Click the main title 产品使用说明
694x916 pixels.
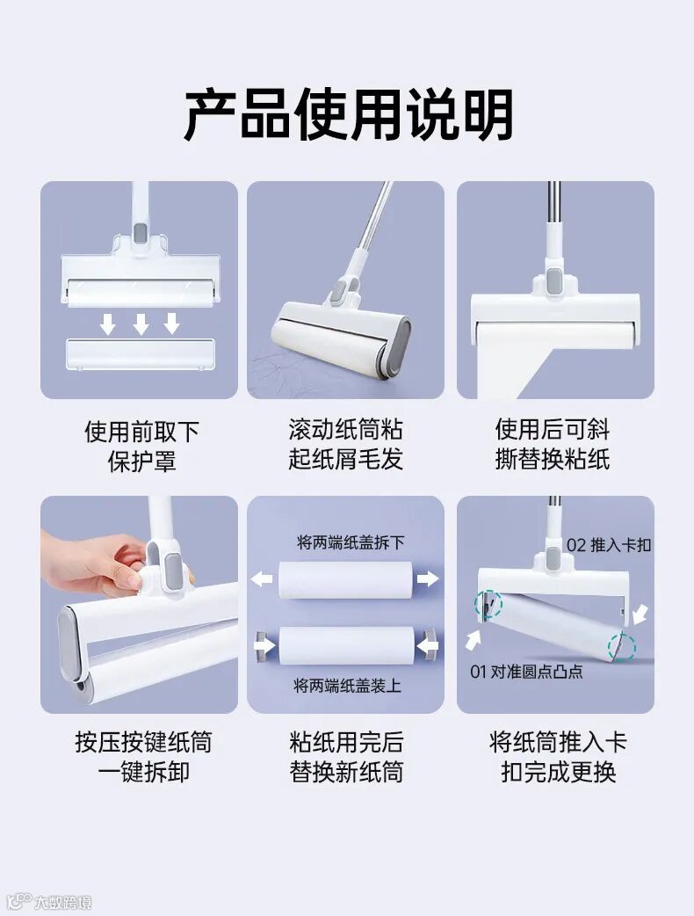[x=349, y=114]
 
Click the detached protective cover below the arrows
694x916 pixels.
[x=140, y=354]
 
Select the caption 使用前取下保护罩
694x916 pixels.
[x=141, y=447]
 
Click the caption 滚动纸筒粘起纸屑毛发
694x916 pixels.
[x=345, y=444]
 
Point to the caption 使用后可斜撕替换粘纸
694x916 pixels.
[x=553, y=444]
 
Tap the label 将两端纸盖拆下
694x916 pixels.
[x=351, y=542]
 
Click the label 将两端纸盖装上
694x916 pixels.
[x=347, y=686]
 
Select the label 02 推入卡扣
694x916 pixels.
[x=608, y=545]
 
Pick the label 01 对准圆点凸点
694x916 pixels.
[x=526, y=672]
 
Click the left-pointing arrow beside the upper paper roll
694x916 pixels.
[x=262, y=579]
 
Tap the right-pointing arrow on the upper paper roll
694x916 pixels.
[x=428, y=578]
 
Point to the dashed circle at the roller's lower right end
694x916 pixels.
[x=622, y=647]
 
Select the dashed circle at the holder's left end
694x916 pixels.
[x=488, y=605]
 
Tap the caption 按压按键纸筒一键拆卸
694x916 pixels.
[x=143, y=757]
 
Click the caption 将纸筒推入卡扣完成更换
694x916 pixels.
[x=558, y=757]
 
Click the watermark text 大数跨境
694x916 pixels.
[x=62, y=902]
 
